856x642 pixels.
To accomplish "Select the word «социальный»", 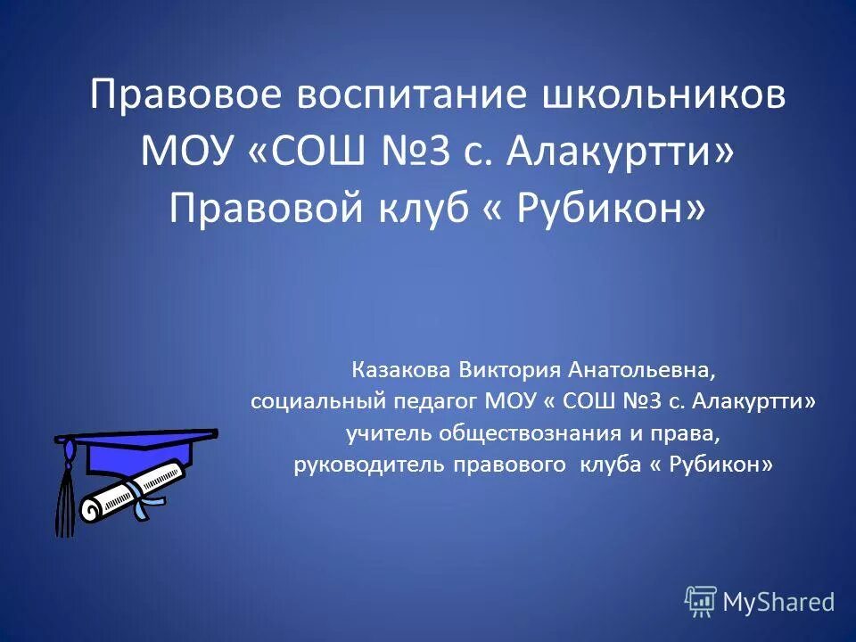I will pos(315,401).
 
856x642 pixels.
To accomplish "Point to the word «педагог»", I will pos(433,401).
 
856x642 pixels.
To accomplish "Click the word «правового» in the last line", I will pos(508,465).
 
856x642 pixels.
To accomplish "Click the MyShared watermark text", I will pos(778,603).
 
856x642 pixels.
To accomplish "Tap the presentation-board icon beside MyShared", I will pos(701,602).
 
